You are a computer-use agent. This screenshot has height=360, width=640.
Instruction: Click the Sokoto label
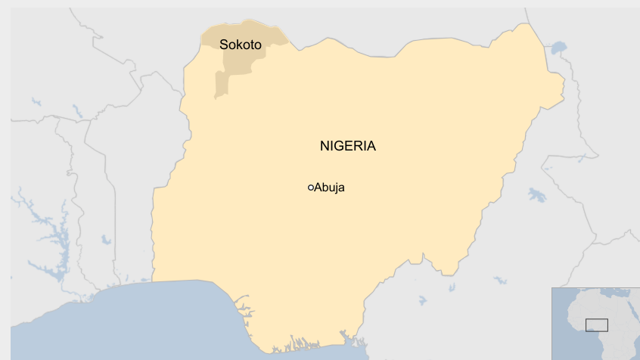coord(241,45)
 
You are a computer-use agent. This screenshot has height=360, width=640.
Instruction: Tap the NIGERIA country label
coord(347,146)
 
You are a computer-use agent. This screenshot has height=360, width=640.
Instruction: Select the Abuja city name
coord(329,188)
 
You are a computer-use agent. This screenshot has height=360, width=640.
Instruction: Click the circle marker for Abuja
coord(310,188)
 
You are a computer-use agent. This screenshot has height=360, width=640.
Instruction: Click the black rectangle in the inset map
coord(597,324)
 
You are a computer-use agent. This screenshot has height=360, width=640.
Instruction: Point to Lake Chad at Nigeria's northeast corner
coord(558,49)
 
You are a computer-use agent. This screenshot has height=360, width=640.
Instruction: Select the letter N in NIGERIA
coord(325,146)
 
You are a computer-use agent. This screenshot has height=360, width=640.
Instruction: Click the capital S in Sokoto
coord(223,45)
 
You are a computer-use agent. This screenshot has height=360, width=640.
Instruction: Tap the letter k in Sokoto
coord(239,45)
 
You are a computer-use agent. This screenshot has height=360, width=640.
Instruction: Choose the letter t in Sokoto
coord(252,45)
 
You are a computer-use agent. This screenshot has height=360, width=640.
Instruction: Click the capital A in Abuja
coord(318,188)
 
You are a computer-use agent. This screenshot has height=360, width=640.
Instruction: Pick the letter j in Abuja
coord(336,188)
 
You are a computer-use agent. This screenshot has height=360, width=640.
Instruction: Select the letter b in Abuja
coord(325,188)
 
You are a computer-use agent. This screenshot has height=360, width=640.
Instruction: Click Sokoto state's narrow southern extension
coord(221,85)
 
